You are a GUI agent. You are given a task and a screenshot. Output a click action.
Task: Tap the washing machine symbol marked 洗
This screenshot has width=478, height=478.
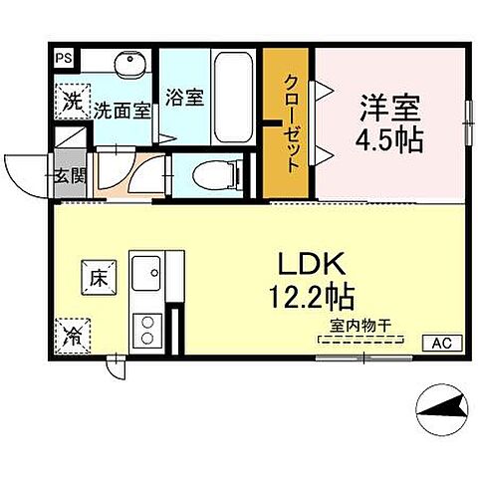tap(72, 100)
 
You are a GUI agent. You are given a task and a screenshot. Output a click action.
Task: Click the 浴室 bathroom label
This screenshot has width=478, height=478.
tap(184, 98)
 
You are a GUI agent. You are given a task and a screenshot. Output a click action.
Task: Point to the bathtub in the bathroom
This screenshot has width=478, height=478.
tap(235, 90)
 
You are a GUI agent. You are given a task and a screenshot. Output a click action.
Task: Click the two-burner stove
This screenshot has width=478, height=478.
tap(148, 328)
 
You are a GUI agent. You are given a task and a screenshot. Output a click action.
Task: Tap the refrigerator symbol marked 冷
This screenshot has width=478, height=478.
tap(74, 332)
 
